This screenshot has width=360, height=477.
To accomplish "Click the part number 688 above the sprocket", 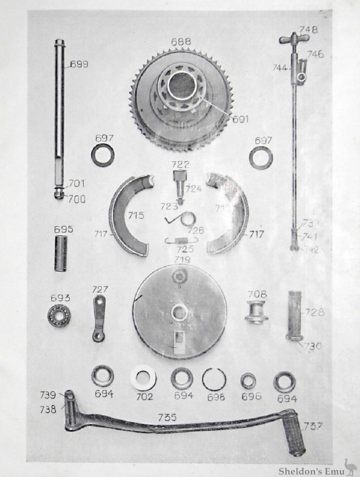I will pyautogui.click(x=180, y=41).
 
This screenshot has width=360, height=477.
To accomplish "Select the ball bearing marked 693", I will pyautogui.click(x=59, y=315).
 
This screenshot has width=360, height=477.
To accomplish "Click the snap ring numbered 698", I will pyautogui.click(x=214, y=378).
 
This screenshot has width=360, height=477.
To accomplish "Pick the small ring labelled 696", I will pyautogui.click(x=248, y=380).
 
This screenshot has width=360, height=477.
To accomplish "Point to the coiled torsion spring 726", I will pyautogui.click(x=187, y=219).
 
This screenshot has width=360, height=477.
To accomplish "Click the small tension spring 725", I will pyautogui.click(x=181, y=240).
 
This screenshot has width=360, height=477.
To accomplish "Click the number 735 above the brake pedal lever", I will pyautogui.click(x=167, y=417).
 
